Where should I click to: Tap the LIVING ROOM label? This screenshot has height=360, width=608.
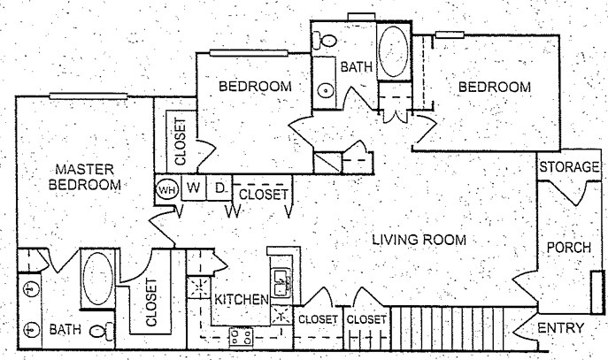coord(419,240)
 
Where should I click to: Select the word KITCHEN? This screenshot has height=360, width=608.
coord(241,299)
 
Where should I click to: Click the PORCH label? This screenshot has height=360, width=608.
coord(568,247)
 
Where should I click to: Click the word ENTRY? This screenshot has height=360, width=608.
coord(562,329)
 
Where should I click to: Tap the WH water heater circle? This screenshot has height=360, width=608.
coord(165,188)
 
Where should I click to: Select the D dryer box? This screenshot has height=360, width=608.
coord(219,188)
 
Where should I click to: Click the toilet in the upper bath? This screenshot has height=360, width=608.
coord(326,38)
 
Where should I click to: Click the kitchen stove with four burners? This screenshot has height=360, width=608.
coord(241,335)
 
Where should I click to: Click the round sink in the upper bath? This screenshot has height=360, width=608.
coord(326,90)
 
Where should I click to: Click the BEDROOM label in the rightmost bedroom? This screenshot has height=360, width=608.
coord(495,87)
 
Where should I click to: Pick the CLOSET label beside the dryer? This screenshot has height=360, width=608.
coord(263,194)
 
